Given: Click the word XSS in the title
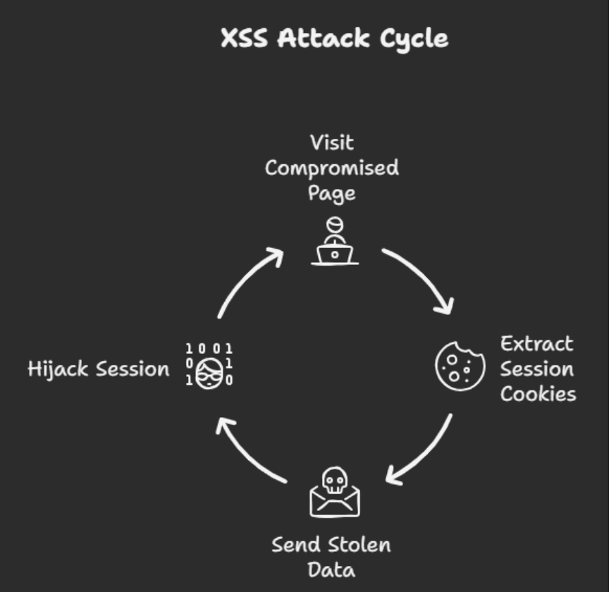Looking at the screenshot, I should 244,37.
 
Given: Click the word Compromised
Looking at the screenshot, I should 332,168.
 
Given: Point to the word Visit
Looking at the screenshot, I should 332,142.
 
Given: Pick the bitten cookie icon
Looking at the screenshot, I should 460,365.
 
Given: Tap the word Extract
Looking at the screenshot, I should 536,344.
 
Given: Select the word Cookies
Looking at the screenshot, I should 538,393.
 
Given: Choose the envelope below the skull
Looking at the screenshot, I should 334,502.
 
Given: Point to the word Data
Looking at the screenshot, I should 331,569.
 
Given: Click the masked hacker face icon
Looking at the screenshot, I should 209,371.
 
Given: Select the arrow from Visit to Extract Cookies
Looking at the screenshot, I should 422,277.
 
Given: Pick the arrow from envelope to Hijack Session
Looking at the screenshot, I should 247,452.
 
